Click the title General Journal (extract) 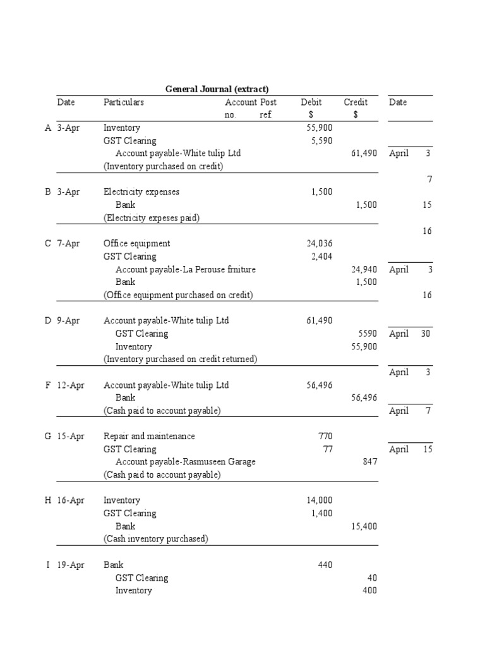[212, 89]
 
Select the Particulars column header [124, 102]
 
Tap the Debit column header [311, 102]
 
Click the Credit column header [356, 102]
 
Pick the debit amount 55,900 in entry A [319, 128]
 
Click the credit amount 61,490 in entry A [364, 154]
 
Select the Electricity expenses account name [141, 192]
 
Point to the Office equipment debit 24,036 [319, 243]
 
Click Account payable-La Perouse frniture [186, 269]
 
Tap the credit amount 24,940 [364, 269]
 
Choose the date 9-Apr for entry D [68, 321]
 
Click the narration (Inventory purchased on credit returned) [180, 359]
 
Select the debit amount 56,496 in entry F [319, 385]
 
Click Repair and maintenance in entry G [149, 437]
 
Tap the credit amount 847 [369, 462]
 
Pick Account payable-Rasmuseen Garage [186, 462]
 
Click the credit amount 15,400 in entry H [364, 526]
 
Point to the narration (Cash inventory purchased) [155, 539]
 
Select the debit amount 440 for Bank [325, 565]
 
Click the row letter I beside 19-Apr [48, 565]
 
